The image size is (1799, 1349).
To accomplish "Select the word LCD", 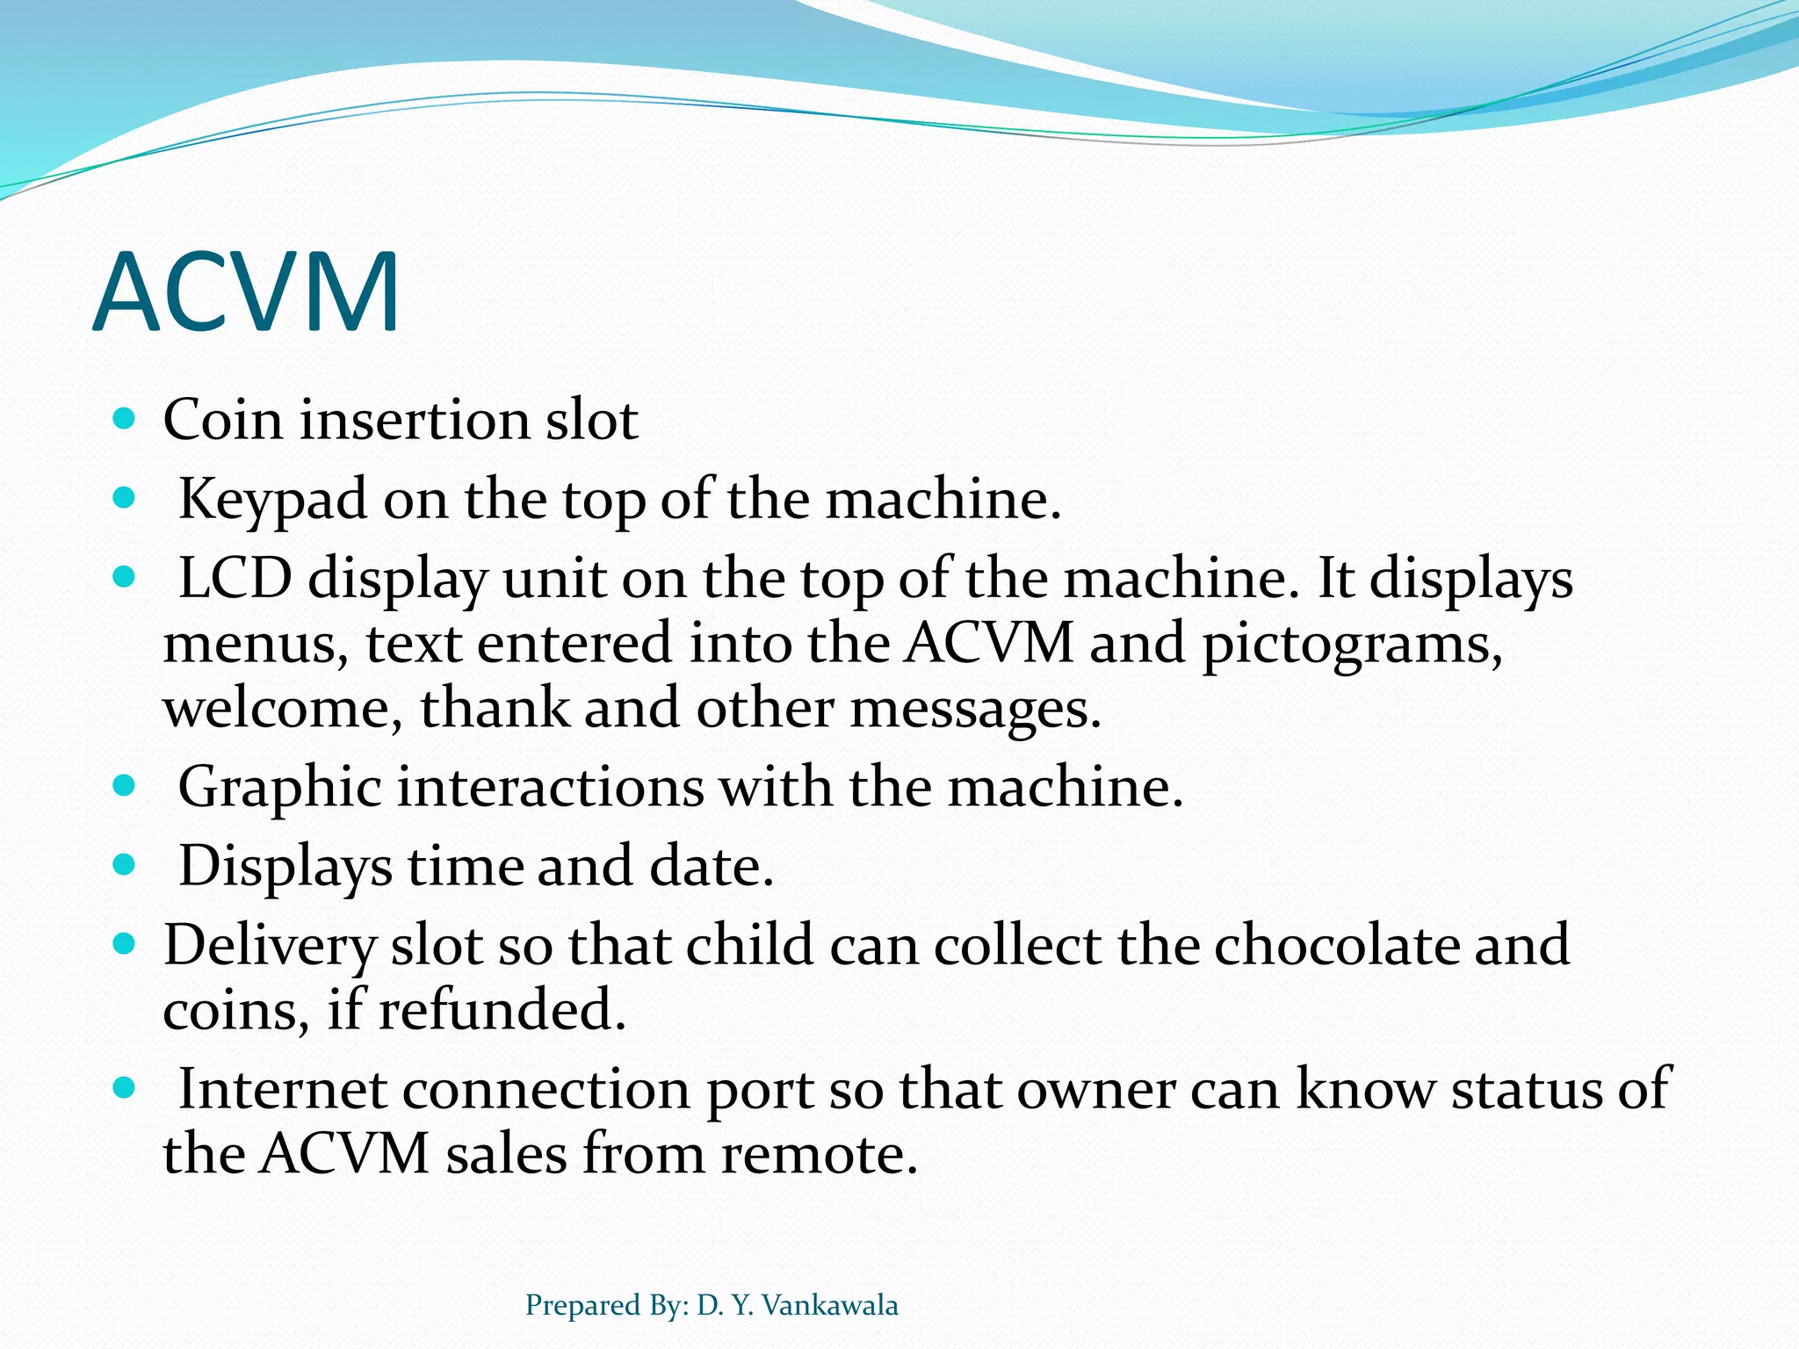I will (x=235, y=579).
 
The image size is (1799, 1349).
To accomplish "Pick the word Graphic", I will (x=279, y=787).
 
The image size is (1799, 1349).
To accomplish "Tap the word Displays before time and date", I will (x=285, y=867).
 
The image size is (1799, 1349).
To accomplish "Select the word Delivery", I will (x=270, y=947).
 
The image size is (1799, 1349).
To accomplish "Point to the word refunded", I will (x=502, y=1009).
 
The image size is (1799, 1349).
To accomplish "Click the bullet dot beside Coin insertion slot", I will (x=125, y=418).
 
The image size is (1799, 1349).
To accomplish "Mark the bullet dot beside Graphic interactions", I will (x=125, y=785).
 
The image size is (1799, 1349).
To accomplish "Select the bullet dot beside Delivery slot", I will (x=125, y=945).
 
